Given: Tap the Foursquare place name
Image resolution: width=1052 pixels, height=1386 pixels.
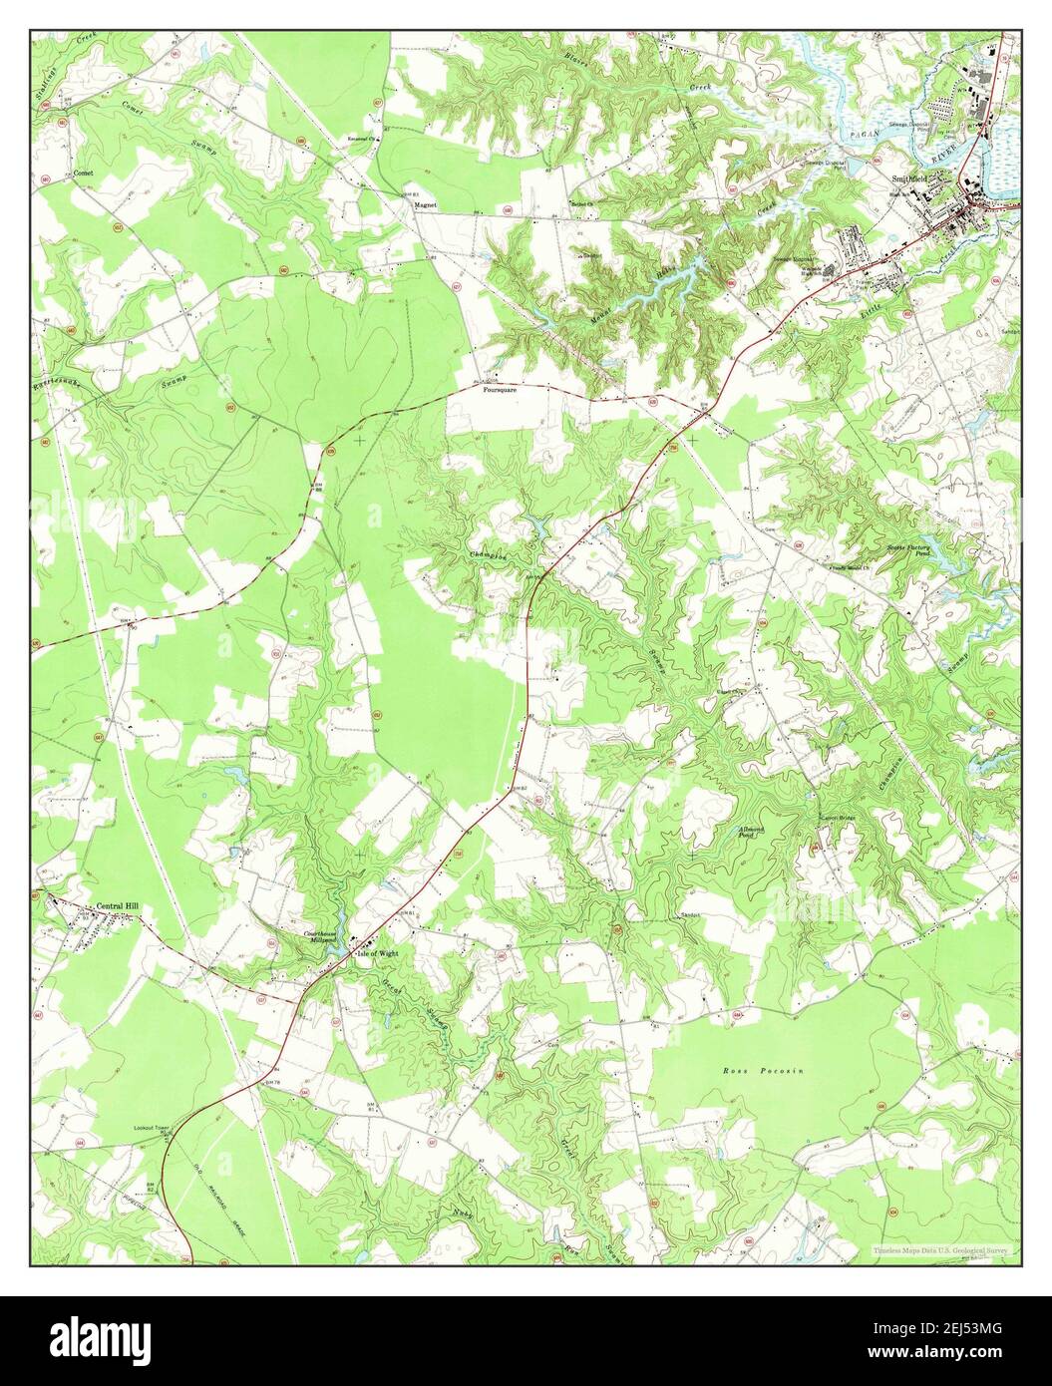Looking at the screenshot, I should [500, 390].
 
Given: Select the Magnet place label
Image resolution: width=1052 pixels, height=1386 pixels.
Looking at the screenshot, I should [427, 204].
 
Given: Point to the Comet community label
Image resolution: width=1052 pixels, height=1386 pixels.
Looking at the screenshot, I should [83, 173].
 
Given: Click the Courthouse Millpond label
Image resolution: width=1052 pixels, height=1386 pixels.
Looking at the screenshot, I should [322, 937].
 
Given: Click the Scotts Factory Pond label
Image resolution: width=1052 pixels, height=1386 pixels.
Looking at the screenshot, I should [908, 551].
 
